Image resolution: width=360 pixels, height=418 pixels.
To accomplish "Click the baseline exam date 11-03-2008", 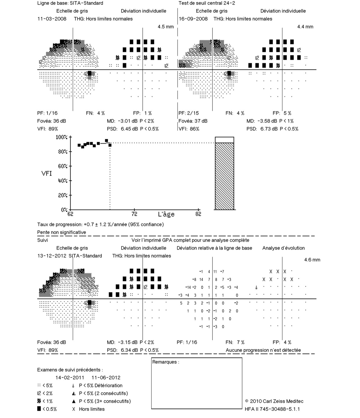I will (x=52, y=19).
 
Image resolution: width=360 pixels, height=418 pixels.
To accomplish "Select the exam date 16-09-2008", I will (x=193, y=19).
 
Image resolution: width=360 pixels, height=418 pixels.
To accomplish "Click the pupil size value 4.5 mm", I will (x=166, y=27).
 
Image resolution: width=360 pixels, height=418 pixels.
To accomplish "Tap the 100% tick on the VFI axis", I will (x=62, y=137).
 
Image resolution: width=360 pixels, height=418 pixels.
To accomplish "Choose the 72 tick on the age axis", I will (x=134, y=214).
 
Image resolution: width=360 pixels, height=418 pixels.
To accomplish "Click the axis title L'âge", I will (x=166, y=214).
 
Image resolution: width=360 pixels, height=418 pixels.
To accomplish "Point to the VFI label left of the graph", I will (x=46, y=173).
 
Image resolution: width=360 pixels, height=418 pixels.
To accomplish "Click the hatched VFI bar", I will (x=224, y=176).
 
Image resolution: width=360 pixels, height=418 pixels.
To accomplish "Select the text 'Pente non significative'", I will (x=62, y=232).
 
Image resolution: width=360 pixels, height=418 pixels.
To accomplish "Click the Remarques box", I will (x=197, y=383).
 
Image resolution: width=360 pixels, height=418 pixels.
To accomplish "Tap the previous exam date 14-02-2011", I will (x=70, y=378).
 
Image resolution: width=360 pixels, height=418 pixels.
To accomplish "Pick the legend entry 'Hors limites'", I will (x=92, y=409).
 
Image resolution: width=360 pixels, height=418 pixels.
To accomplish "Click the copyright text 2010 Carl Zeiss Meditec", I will (x=276, y=401).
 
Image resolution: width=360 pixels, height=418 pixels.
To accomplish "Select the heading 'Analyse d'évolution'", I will (x=283, y=248).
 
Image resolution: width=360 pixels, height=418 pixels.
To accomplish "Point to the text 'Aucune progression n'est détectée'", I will (x=263, y=350).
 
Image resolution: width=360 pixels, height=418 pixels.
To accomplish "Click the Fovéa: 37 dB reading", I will (x=193, y=121).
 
